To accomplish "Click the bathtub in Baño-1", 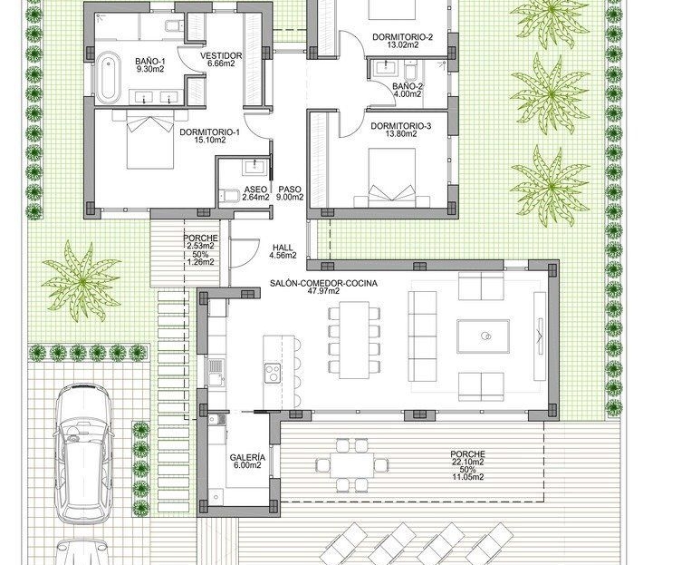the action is [108, 78].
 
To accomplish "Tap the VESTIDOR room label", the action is [221, 56].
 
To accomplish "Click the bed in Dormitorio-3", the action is [392, 178].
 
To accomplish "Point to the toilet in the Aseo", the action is [229, 195].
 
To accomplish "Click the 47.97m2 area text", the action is [323, 291].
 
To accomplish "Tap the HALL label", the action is [283, 248].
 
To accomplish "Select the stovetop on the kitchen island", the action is [272, 372].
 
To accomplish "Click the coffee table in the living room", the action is [483, 336].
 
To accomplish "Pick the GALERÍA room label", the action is [247, 458].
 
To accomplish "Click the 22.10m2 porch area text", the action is [467, 462].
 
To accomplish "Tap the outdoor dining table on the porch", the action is [351, 465].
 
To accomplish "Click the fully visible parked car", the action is [82, 453].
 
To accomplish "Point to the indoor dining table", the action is [354, 340].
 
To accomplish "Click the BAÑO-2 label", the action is [408, 86].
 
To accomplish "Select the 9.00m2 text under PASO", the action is [290, 198].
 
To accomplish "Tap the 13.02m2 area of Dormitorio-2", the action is [402, 44].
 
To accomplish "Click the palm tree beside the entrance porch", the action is [82, 281].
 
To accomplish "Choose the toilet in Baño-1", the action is [174, 25].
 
